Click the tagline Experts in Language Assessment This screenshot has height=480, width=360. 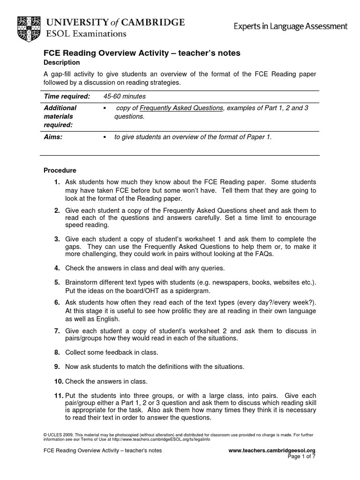tap(291, 26)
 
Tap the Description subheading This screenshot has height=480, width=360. tap(61, 62)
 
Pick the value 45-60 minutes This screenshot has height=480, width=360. tap(124, 96)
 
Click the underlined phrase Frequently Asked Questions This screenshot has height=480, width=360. tap(181, 108)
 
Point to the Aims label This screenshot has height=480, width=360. tap(53, 137)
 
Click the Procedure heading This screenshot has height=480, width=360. tap(60, 170)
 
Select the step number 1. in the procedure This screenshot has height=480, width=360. tap(57, 182)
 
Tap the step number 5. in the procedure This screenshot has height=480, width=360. tap(57, 282)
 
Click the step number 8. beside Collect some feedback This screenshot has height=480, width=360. tap(57, 352)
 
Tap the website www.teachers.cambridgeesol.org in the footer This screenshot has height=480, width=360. tap(272, 450)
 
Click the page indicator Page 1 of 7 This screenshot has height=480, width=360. tap(300, 457)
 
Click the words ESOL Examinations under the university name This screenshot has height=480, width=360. tap(85, 34)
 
